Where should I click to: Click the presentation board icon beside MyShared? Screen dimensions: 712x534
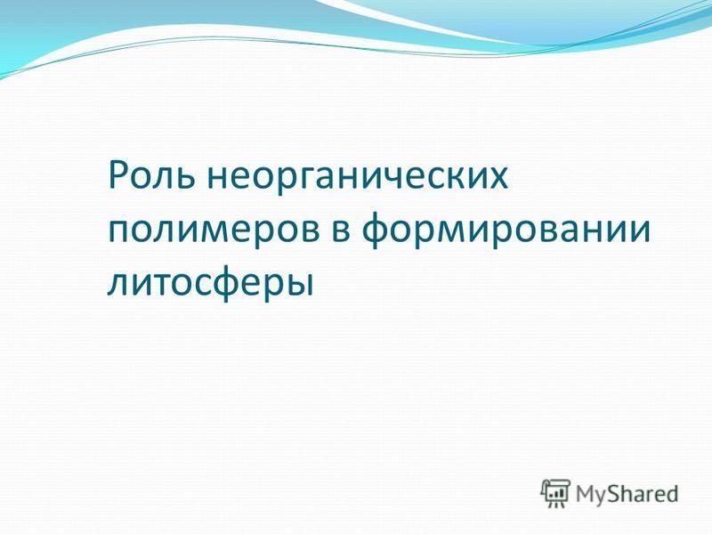click(554, 493)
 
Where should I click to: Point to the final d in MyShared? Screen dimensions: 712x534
click(671, 493)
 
